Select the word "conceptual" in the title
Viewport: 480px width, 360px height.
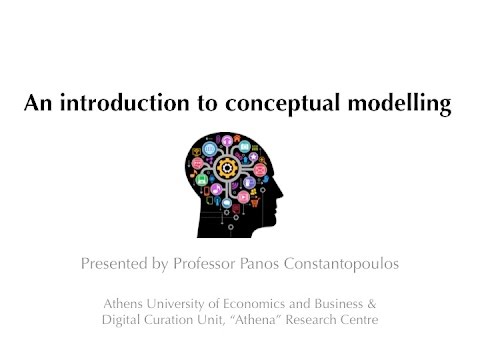point(275,103)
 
